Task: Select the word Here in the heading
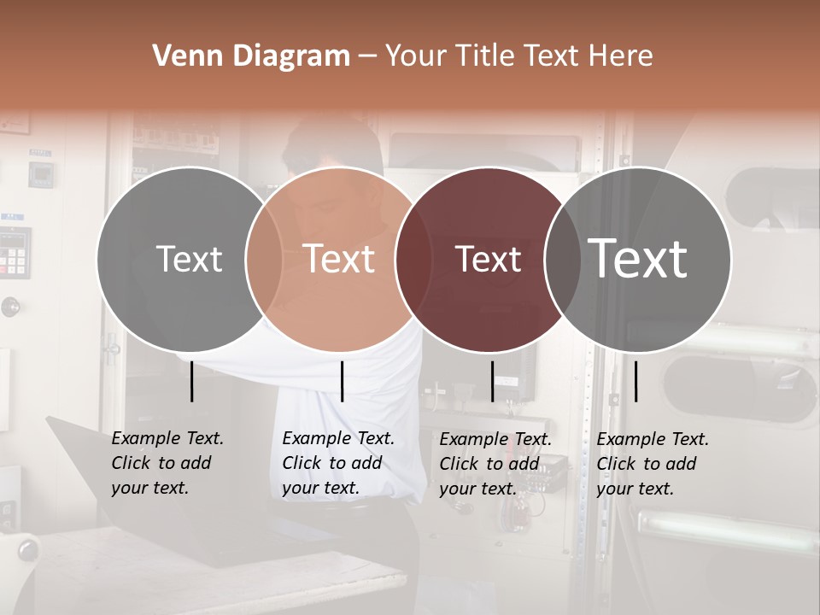click(x=622, y=56)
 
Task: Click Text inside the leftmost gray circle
click(x=189, y=259)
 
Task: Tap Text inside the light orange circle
click(x=339, y=259)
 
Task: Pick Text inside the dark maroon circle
click(x=488, y=259)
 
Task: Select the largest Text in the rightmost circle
click(x=638, y=259)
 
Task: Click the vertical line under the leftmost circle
click(x=191, y=381)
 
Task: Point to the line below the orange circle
click(x=342, y=381)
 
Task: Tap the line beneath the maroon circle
click(x=492, y=381)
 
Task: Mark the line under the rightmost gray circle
click(x=635, y=381)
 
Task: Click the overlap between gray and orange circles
click(x=264, y=259)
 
